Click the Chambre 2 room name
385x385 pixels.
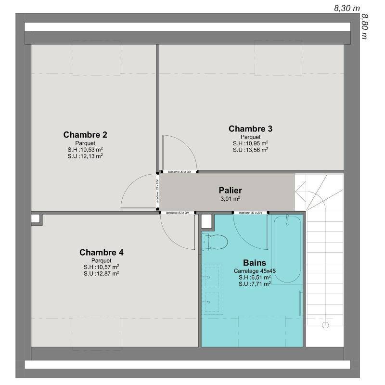click(x=85, y=134)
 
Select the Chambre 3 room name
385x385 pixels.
click(x=250, y=128)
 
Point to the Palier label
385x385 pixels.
click(x=230, y=190)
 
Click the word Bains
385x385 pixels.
click(x=252, y=263)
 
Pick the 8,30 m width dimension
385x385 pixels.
click(x=347, y=8)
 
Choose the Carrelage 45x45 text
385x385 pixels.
click(x=252, y=271)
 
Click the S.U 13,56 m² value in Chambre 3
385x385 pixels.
click(x=250, y=150)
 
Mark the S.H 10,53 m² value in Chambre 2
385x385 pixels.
click(x=85, y=149)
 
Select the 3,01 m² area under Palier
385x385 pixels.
click(x=230, y=198)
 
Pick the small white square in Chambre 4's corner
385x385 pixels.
click(x=36, y=218)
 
